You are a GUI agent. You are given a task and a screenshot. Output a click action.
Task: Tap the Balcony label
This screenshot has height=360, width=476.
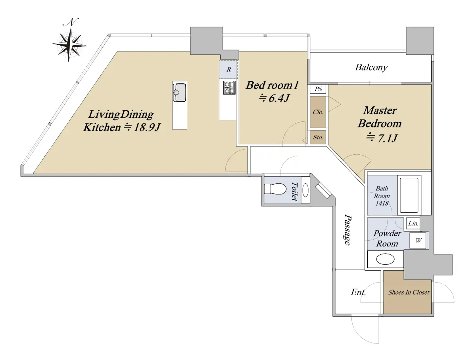tap(371, 67)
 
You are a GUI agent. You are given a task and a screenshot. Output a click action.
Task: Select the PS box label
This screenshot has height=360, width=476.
tap(318, 89)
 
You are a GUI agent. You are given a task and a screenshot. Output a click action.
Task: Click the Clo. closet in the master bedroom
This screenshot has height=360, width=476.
tap(318, 112)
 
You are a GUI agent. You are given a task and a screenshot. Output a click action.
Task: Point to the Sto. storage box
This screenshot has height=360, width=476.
tap(318, 137)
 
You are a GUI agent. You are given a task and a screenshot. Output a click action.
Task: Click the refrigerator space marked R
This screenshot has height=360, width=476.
tap(228, 69)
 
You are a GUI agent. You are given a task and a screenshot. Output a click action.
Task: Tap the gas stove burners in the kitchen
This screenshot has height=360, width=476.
tap(229, 88)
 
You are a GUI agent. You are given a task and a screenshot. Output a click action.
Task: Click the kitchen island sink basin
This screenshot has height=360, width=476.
tap(180, 92)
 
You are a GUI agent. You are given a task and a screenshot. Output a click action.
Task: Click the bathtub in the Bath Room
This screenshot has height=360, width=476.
tap(409, 195)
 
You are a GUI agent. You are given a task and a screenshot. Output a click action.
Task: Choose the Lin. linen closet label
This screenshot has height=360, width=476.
tap(413, 223)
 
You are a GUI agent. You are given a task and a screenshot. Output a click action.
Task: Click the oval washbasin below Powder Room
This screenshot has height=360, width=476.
tap(385, 259)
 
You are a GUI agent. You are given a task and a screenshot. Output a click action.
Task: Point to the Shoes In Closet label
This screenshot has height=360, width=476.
tap(409, 292)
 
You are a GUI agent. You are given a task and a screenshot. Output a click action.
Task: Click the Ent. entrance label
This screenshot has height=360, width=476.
tap(358, 292)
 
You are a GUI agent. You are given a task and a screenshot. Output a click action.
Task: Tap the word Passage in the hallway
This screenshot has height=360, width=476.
tap(347, 229)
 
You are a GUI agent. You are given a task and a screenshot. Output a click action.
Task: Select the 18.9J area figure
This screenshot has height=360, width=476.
tap(147, 127)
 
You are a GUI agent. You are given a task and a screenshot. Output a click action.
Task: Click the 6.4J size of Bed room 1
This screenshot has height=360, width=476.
tap(279, 98)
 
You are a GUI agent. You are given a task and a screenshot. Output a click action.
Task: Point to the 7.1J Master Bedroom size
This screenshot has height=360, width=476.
tap(387, 138)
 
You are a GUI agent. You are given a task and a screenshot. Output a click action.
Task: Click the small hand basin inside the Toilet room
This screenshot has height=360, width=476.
tap(305, 190)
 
